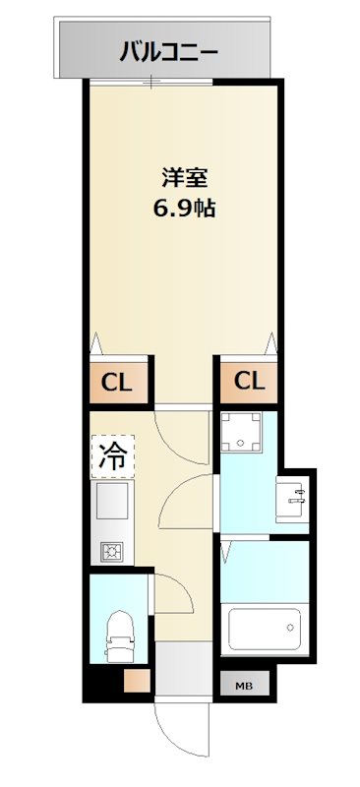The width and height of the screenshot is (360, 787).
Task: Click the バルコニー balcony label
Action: click(x=168, y=50)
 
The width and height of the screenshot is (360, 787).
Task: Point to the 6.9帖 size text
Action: click(x=184, y=209)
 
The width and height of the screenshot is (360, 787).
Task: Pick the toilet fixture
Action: click(x=119, y=634)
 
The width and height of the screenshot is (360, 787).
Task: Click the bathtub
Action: click(x=264, y=629)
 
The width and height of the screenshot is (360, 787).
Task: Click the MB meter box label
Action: click(x=242, y=686)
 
